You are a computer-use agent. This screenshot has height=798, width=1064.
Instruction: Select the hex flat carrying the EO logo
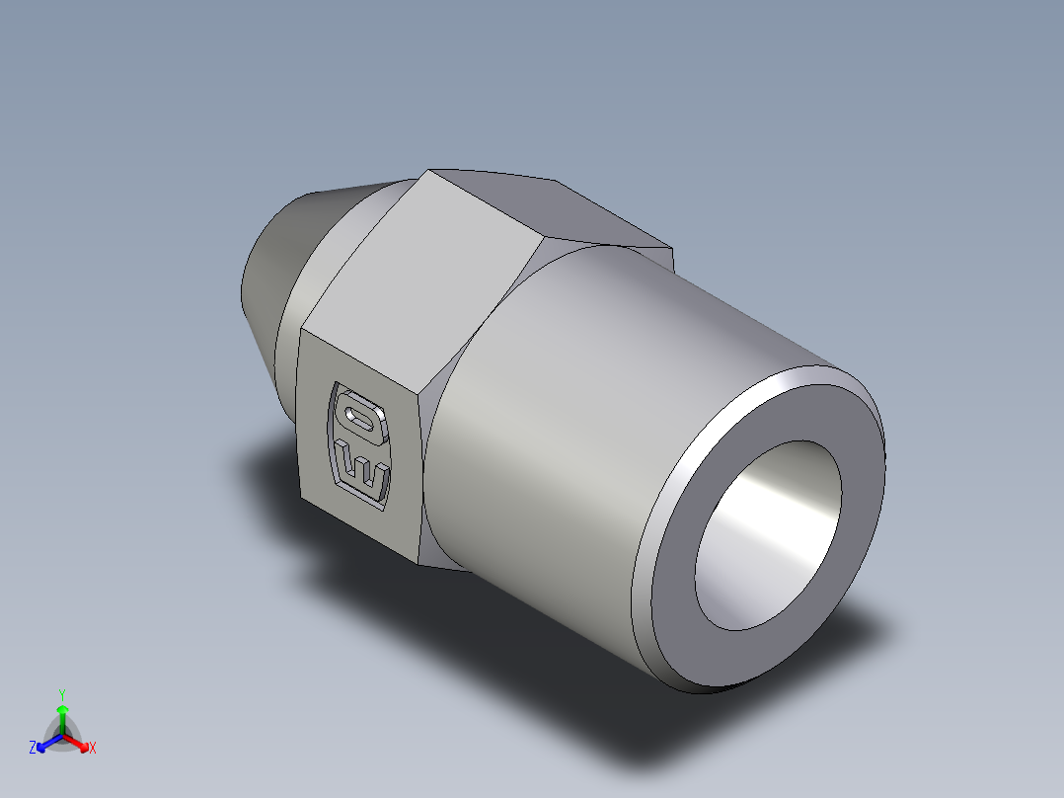pos(360,444)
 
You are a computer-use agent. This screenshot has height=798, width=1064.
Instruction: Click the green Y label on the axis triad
pos(61,693)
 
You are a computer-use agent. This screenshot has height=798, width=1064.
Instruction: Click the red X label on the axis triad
pos(92,749)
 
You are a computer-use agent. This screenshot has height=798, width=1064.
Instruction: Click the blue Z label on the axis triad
pos(33,749)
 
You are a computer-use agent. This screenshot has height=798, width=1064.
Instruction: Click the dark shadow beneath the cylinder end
pos(750,731)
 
